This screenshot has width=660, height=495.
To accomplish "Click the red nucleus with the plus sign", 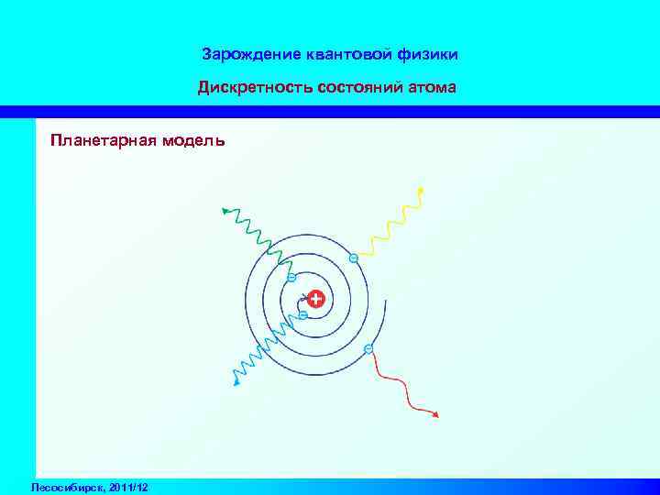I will pyautogui.click(x=316, y=299).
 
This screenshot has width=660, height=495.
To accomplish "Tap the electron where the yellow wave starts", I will pyautogui.click(x=354, y=258).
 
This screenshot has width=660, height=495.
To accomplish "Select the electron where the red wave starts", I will pyautogui.click(x=368, y=348).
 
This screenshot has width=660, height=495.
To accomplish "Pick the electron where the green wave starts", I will pyautogui.click(x=291, y=277).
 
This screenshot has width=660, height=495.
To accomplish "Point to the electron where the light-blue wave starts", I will pyautogui.click(x=302, y=315).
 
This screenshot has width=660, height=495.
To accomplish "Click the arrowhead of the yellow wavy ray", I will pyautogui.click(x=421, y=190).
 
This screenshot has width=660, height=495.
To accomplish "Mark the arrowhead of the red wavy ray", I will pyautogui.click(x=436, y=416).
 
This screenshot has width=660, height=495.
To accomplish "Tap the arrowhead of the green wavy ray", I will pyautogui.click(x=225, y=211).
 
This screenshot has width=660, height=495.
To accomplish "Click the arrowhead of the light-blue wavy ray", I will pyautogui.click(x=236, y=383).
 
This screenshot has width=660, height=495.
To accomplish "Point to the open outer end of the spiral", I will pyautogui.click(x=386, y=297).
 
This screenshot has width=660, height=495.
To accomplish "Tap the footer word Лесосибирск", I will pyautogui.click(x=65, y=486).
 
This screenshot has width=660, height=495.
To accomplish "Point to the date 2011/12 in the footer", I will pyautogui.click(x=128, y=486).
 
